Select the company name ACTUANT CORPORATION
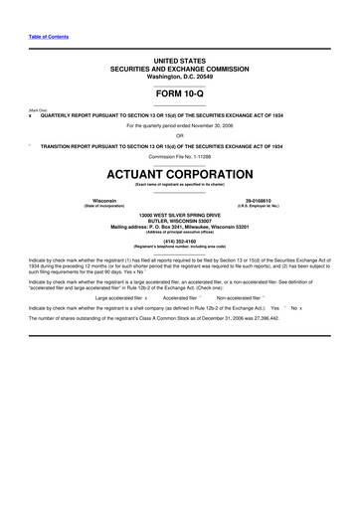pyautogui.click(x=179, y=174)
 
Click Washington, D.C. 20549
pyautogui.click(x=179, y=76)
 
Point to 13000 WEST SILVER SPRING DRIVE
pyautogui.click(x=179, y=215)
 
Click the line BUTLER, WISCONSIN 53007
pyautogui.click(x=179, y=221)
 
